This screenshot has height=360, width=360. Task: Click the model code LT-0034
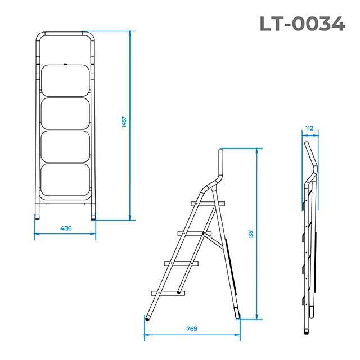301,23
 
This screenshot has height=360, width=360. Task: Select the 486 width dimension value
66,228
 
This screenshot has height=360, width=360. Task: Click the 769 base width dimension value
191,329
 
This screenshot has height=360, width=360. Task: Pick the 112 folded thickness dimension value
309,128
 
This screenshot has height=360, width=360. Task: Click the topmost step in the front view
66,81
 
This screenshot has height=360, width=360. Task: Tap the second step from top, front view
66,114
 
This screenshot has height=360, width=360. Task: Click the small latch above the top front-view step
66,64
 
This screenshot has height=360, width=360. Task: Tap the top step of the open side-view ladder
208,202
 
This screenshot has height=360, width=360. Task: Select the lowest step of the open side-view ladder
167,292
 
